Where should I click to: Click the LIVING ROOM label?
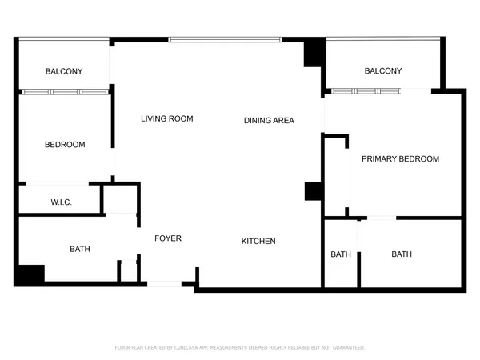pyautogui.click(x=167, y=119)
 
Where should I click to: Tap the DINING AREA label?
pyautogui.click(x=269, y=121)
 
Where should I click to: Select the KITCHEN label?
pyautogui.click(x=258, y=241)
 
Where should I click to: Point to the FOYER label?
pyautogui.click(x=168, y=238)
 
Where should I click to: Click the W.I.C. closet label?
pyautogui.click(x=62, y=202)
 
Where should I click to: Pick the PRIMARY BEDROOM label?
pyautogui.click(x=400, y=159)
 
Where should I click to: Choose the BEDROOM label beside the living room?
pyautogui.click(x=65, y=145)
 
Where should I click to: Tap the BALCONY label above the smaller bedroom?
pyautogui.click(x=64, y=72)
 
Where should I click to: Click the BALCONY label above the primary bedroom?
pyautogui.click(x=382, y=71)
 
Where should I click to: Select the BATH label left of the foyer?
pyautogui.click(x=80, y=249)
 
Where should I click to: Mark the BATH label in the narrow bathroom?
pyautogui.click(x=341, y=254)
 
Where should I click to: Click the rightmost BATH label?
pyautogui.click(x=402, y=254)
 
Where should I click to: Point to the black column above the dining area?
pyautogui.click(x=314, y=54)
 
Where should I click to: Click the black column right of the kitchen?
pyautogui.click(x=313, y=191)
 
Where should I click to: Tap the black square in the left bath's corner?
pyautogui.click(x=31, y=274)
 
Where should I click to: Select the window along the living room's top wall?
pyautogui.click(x=225, y=39)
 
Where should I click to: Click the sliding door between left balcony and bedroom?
pyautogui.click(x=64, y=92)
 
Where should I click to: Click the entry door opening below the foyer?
pyautogui.click(x=165, y=282)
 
